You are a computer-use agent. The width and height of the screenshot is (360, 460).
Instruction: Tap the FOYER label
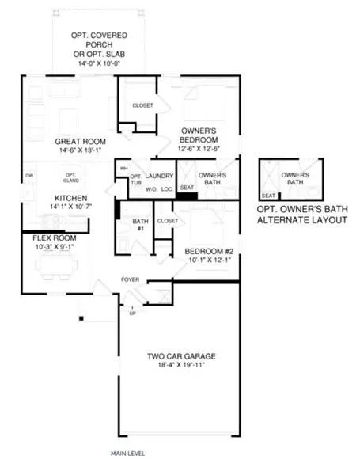click(130, 279)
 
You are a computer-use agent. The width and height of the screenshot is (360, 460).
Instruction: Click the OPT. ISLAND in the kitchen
click(70, 177)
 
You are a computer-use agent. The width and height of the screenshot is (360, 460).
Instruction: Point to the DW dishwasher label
click(29, 175)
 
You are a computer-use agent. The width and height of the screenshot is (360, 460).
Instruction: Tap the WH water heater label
click(123, 169)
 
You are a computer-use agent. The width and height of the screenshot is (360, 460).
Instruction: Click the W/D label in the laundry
click(150, 189)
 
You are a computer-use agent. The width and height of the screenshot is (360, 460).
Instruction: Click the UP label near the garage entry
click(131, 314)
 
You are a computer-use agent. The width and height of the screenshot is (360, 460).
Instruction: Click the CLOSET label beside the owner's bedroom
click(142, 105)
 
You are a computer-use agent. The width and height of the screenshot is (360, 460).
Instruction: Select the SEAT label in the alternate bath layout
click(268, 195)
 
